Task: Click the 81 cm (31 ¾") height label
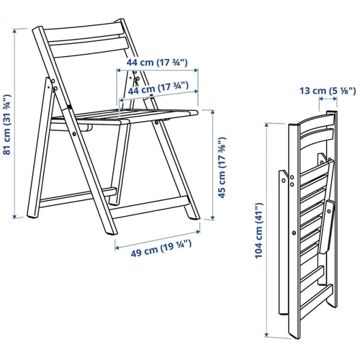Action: tap(7, 125)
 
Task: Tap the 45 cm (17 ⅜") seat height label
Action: tap(222, 168)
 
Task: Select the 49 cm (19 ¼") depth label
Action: tap(161, 248)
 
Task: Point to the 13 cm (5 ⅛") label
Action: tap(328, 91)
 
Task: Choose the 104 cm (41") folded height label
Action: tap(258, 230)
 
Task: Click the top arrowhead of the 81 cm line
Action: tap(15, 30)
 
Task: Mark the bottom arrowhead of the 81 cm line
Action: tap(14, 217)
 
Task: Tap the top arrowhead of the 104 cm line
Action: tap(267, 125)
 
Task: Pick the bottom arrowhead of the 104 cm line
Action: tap(266, 335)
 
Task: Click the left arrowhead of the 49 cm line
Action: tap(117, 248)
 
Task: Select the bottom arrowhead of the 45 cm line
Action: tap(212, 217)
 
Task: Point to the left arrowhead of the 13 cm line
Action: tap(320, 98)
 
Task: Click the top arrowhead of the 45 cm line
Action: tap(212, 112)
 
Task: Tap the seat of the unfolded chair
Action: tap(125, 117)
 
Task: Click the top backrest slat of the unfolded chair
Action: tap(84, 31)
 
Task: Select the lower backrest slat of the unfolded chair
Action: tap(88, 48)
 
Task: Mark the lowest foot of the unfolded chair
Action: tap(112, 232)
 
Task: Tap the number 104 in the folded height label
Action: tap(258, 251)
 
